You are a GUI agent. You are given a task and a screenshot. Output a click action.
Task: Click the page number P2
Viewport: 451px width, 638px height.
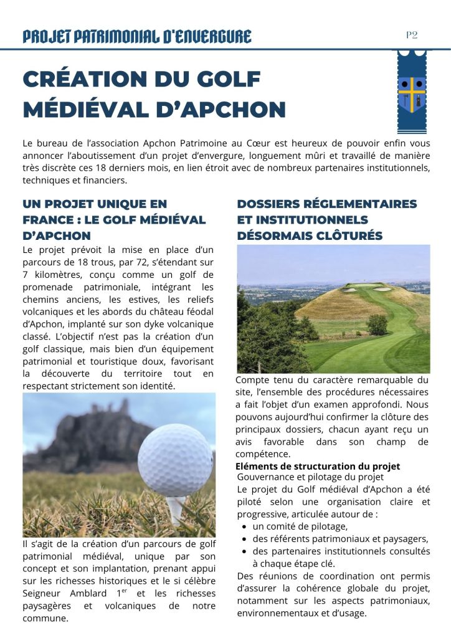point(412,35)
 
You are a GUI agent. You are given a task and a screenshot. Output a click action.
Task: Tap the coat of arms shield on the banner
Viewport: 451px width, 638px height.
point(412,93)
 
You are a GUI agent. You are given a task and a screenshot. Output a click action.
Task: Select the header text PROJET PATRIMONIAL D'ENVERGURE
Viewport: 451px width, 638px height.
point(137,36)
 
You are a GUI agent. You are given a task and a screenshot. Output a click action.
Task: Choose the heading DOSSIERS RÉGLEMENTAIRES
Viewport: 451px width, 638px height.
point(327,204)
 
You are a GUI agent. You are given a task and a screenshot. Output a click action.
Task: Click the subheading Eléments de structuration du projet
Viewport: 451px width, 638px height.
point(318,467)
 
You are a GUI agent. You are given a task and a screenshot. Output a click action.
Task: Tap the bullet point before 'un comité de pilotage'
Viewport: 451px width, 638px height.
point(245,526)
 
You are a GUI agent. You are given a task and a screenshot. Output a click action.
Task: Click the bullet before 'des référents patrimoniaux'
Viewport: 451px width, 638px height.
point(245,539)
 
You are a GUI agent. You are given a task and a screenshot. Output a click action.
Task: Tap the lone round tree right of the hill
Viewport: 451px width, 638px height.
point(377,324)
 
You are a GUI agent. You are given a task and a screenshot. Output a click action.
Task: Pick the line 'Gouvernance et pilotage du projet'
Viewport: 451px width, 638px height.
point(310,477)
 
